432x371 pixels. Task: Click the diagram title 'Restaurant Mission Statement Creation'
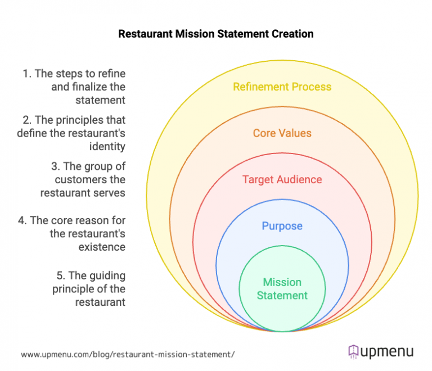coord(216,34)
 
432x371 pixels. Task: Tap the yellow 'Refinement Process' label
coord(282,87)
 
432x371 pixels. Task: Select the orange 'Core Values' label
coord(282,133)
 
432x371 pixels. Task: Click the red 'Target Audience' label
coord(282,180)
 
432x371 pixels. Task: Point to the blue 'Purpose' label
coord(282,226)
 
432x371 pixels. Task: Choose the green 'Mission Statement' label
coord(282,288)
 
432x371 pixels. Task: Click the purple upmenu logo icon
coord(353,352)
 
